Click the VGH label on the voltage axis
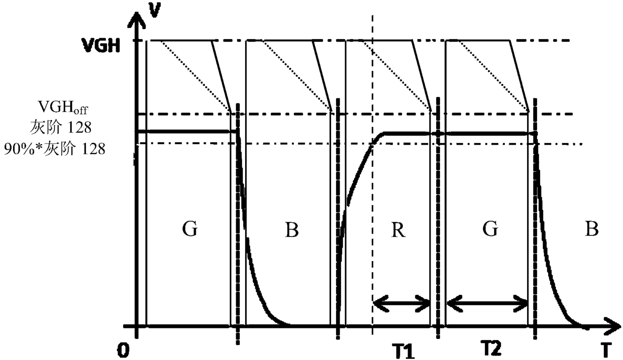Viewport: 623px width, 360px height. [x=100, y=45]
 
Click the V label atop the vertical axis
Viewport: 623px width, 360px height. [x=154, y=10]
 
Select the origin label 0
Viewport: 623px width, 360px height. [x=123, y=350]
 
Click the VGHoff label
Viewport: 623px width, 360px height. [x=63, y=107]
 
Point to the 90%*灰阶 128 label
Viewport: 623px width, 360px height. [x=55, y=149]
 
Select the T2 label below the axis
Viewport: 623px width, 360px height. [x=491, y=348]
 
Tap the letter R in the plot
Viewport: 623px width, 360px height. [x=398, y=230]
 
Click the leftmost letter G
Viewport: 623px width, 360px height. [x=190, y=228]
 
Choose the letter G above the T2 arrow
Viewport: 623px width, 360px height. [x=490, y=228]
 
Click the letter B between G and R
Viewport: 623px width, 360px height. [x=292, y=230]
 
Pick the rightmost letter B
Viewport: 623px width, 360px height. [x=592, y=229]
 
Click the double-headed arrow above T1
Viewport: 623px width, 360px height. [x=401, y=304]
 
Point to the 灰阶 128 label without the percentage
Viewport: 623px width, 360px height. [x=61, y=128]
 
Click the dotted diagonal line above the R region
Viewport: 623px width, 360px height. [x=397, y=76]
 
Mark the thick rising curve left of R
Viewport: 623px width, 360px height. [x=359, y=178]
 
